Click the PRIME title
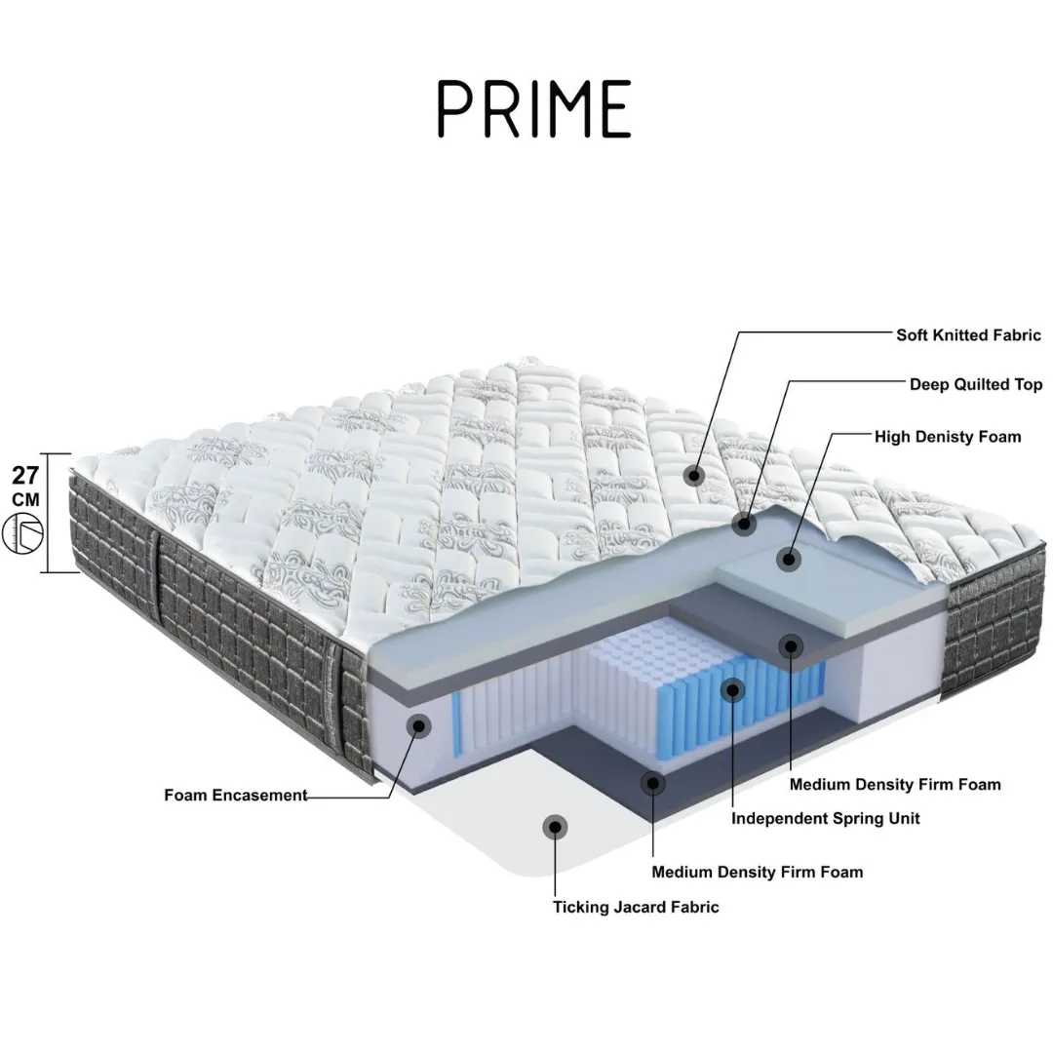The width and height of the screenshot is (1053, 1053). click(x=534, y=109)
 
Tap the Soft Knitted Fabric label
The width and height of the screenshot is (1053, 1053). click(x=968, y=335)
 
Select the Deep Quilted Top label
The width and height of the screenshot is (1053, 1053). click(x=976, y=385)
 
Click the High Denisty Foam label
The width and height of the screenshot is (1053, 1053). click(x=948, y=437)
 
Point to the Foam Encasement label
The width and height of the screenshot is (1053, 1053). click(x=236, y=796)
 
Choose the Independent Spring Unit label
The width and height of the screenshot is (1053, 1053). click(x=826, y=819)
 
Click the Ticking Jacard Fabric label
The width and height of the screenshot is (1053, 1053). click(x=636, y=908)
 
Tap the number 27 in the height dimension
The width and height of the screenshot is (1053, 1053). click(x=25, y=476)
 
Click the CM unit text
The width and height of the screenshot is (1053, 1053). click(x=25, y=499)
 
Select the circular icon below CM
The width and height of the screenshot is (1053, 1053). click(x=22, y=534)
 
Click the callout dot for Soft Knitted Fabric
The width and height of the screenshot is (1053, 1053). click(x=694, y=476)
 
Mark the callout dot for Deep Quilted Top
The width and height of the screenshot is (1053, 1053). click(x=744, y=524)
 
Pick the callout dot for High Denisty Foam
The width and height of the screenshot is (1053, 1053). click(x=789, y=559)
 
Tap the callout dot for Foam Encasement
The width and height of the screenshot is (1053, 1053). click(x=420, y=725)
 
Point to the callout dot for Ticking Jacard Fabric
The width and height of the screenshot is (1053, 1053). click(x=556, y=827)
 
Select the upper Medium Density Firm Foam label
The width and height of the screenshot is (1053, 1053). click(x=895, y=784)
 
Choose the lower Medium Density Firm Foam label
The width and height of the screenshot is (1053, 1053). click(x=758, y=873)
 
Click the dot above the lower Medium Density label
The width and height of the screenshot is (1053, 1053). click(x=652, y=783)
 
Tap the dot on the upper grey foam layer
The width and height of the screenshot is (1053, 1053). click(x=791, y=646)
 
